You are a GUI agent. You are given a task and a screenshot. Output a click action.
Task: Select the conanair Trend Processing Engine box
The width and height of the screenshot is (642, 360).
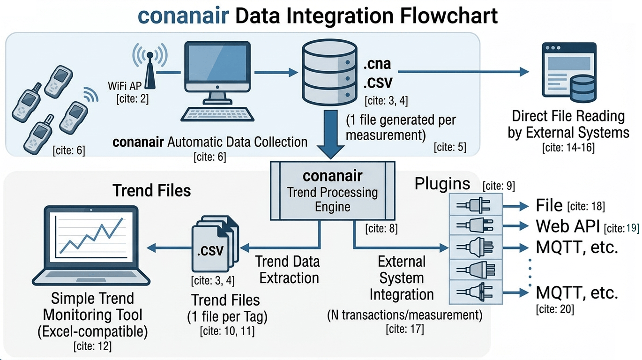pos(333,190)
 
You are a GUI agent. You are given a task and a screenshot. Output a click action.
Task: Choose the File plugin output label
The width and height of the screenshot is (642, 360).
pos(549,205)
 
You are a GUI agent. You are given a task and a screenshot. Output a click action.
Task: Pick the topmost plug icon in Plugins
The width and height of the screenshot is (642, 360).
pos(474,205)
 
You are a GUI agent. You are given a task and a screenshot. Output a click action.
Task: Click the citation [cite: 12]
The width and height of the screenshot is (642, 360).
pos(92,346)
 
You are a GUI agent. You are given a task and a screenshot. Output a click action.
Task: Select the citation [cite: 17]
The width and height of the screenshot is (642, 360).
pos(404,329)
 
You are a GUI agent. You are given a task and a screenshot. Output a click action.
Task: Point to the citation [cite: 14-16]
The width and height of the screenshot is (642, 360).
pos(568,148)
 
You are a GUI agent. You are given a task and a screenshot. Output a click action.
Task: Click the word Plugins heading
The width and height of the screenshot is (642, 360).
pos(442,183)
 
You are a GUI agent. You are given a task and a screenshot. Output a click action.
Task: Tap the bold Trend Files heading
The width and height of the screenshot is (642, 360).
pos(152,190)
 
